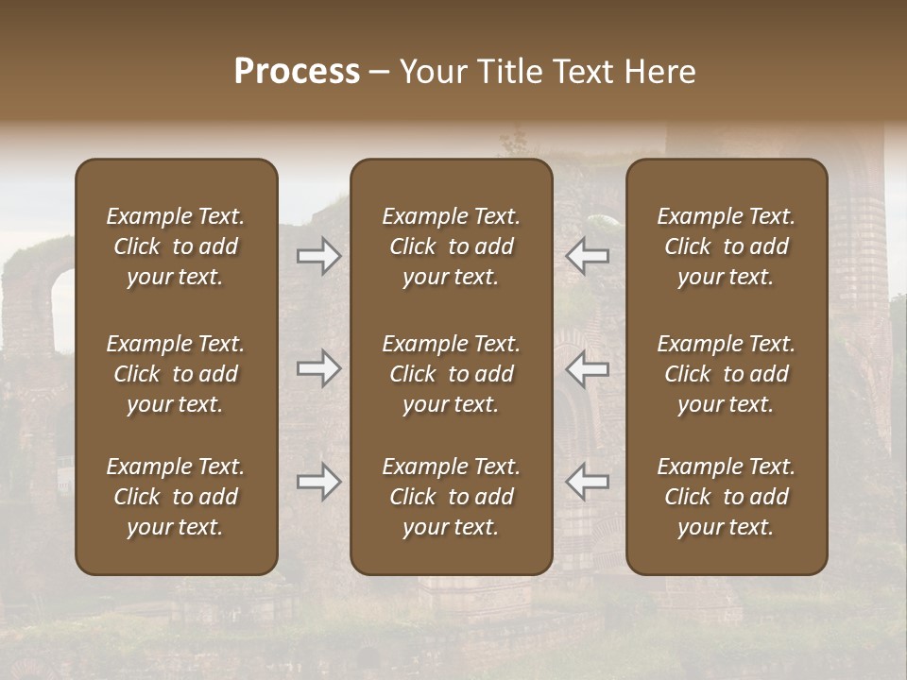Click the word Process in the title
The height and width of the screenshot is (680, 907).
297,72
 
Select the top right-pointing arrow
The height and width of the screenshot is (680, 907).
319,256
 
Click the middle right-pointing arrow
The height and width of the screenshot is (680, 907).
319,368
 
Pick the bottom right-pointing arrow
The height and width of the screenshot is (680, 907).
319,482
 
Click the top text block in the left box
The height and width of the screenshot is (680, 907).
176,246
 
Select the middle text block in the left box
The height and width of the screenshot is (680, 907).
176,374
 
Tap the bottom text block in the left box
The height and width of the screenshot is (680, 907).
176,497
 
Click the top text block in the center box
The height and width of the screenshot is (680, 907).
451,246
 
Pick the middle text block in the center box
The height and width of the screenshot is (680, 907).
451,374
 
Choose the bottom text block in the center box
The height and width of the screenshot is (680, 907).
451,497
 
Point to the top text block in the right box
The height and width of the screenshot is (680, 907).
726,246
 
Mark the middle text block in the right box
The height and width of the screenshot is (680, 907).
726,374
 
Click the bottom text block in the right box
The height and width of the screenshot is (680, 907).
726,497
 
